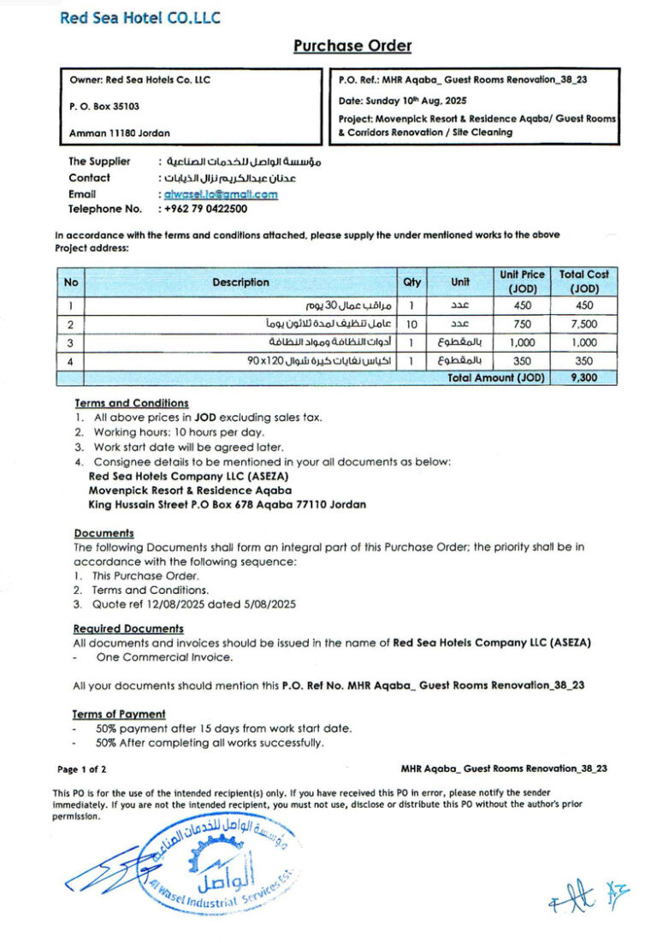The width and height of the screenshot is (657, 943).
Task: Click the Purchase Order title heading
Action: tap(352, 46)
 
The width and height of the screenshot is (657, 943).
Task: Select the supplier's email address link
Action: tap(221, 194)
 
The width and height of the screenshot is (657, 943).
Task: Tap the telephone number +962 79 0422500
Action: tap(205, 209)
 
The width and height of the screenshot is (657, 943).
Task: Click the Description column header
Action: tap(240, 282)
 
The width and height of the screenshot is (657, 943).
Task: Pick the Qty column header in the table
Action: tap(411, 282)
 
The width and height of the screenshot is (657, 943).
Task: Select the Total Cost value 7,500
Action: tap(584, 324)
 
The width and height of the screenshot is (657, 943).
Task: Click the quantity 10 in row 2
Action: tap(411, 324)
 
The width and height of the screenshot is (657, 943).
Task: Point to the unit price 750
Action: tap(522, 324)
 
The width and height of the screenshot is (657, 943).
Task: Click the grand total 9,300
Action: tap(584, 377)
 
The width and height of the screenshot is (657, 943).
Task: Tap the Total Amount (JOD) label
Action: tap(496, 377)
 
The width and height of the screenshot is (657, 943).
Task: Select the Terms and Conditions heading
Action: tap(132, 403)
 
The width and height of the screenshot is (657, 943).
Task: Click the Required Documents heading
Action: tap(128, 629)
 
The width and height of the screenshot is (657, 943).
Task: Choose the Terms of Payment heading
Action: tap(120, 714)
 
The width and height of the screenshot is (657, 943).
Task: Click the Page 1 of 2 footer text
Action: tap(82, 769)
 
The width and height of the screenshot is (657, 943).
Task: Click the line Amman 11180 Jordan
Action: tap(119, 133)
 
